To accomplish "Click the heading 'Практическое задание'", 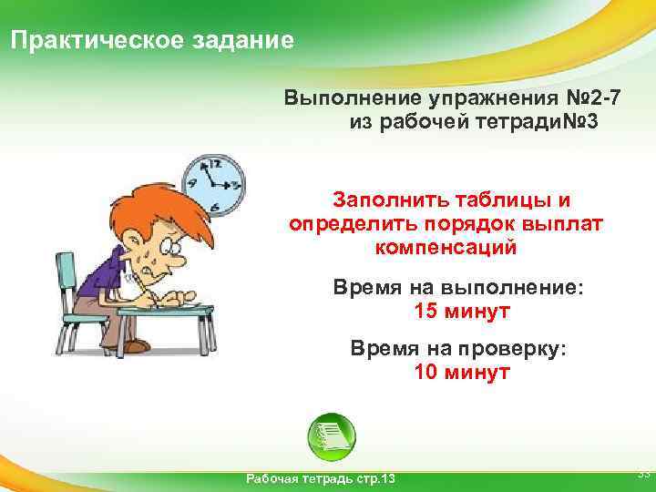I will [151, 41].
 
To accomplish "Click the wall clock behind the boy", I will [214, 182].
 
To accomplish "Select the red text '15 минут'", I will [462, 313].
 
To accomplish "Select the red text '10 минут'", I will [462, 372].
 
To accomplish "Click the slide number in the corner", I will [642, 474].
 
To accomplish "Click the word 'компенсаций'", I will [445, 246].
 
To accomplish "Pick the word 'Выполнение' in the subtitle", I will [342, 97].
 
